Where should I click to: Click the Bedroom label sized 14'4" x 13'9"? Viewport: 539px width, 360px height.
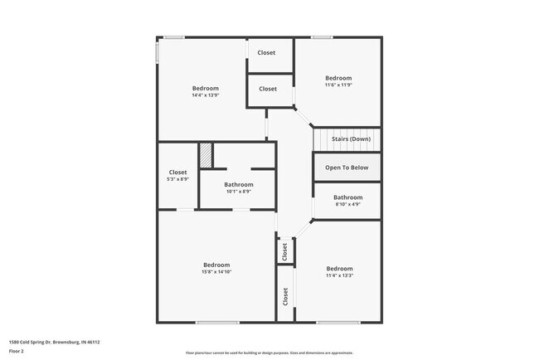tap(206, 89)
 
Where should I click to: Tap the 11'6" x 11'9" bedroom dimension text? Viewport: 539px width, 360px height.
tap(338, 85)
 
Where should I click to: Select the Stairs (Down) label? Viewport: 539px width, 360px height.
tap(351, 139)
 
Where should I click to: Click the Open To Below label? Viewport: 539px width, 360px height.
tap(347, 168)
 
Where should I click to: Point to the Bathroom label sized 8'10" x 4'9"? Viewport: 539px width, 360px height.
tap(347, 197)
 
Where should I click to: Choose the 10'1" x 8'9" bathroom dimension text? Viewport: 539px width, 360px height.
tap(239, 192)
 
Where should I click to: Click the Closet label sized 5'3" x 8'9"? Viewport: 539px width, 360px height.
tap(178, 173)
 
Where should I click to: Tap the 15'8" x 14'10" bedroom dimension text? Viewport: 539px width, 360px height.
tap(216, 271)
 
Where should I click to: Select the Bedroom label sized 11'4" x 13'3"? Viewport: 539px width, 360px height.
tap(339, 269)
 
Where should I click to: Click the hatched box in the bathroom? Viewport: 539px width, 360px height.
tap(206, 155)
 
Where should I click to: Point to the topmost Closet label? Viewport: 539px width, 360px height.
tap(266, 53)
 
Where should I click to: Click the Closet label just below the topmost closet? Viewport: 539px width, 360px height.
tap(268, 89)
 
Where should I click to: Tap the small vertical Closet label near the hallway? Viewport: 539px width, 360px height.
tap(284, 251)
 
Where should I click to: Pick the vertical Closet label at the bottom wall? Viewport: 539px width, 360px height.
tap(285, 297)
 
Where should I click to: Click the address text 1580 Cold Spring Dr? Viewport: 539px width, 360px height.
tap(48, 341)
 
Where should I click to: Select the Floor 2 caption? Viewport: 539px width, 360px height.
tap(17, 351)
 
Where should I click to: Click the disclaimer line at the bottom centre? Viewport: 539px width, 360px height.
tap(269, 353)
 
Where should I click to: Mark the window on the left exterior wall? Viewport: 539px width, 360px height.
tap(158, 51)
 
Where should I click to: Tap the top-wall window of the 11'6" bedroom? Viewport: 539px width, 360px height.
tap(322, 36)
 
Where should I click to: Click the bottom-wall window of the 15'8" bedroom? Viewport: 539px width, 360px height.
tap(217, 322)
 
